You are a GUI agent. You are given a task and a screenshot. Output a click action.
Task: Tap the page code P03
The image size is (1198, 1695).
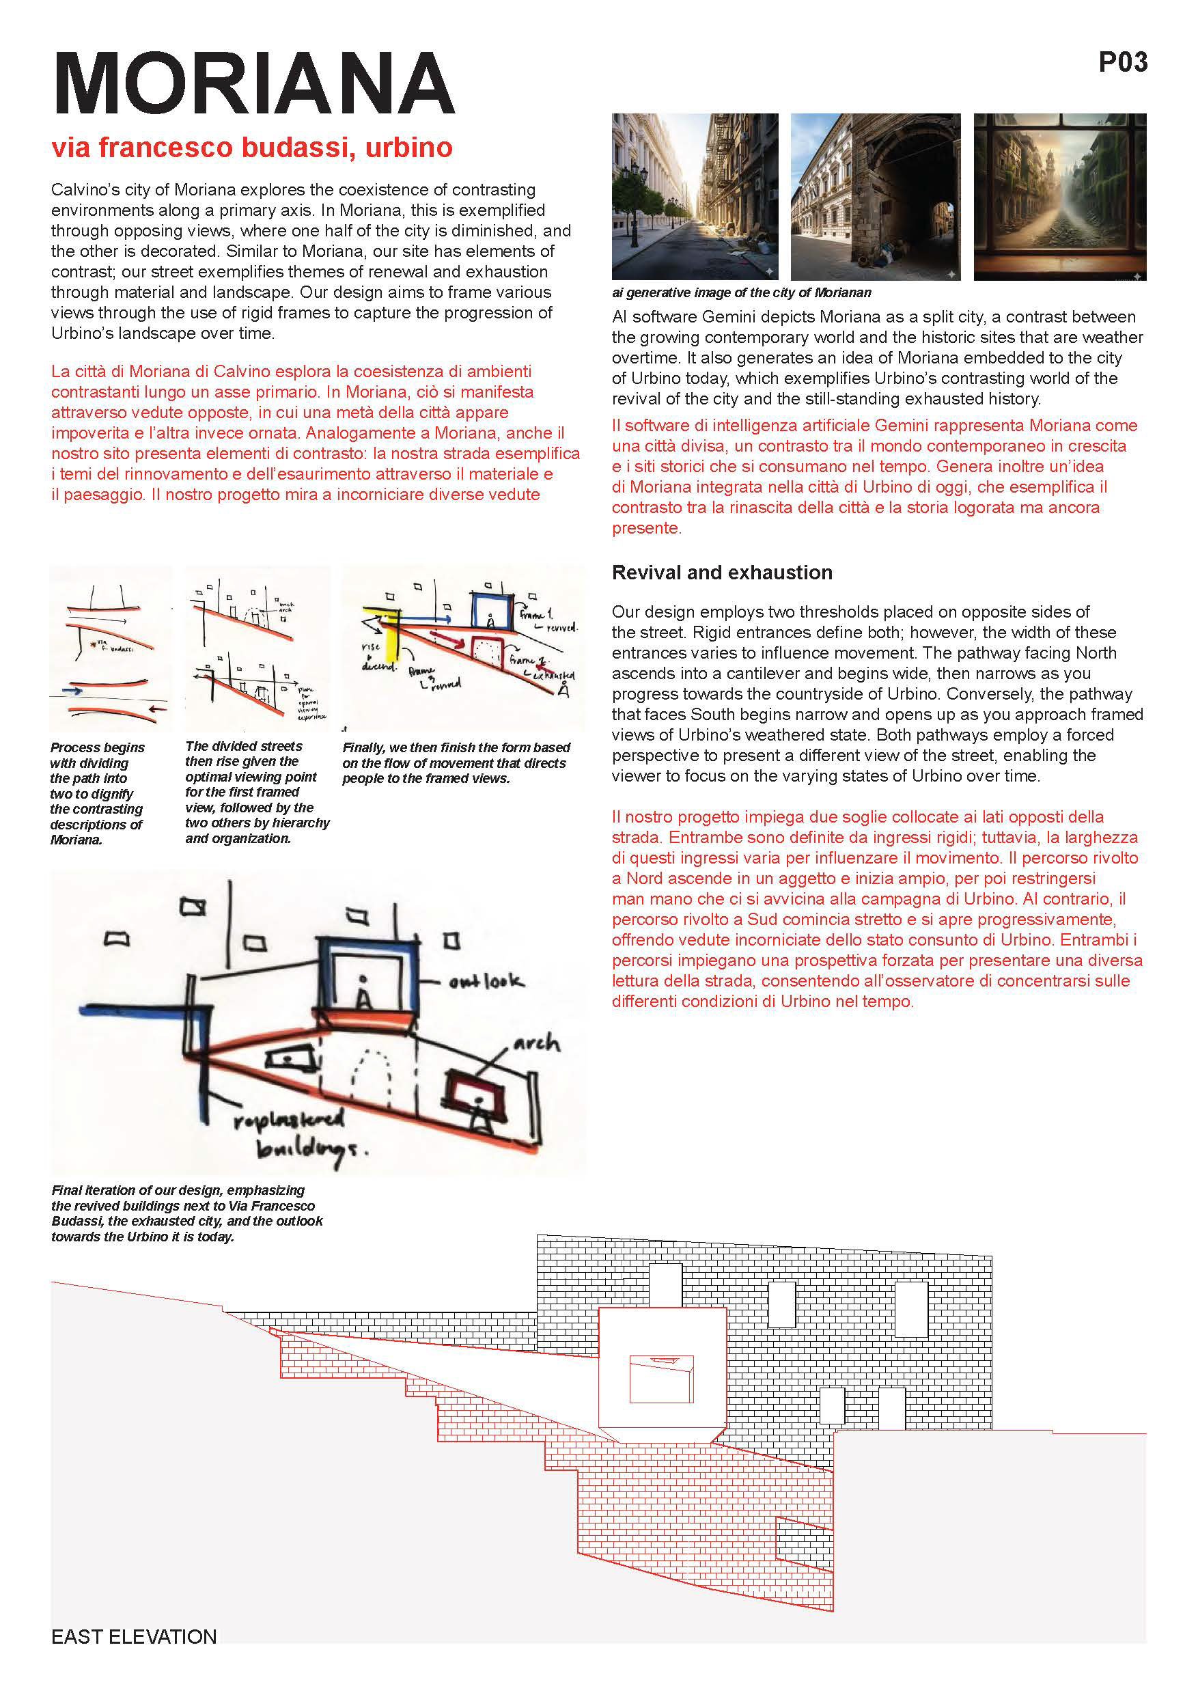click(1122, 62)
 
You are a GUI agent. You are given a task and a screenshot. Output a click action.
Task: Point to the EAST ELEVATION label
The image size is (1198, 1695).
click(134, 1637)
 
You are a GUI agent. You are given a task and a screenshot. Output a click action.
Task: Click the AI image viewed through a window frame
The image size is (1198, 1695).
click(1059, 196)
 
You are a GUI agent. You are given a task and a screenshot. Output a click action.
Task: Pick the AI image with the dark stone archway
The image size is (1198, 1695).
click(876, 196)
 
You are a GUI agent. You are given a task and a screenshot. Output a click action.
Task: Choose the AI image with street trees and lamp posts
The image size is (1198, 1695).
click(695, 196)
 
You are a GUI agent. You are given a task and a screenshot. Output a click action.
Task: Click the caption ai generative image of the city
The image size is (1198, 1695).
click(740, 292)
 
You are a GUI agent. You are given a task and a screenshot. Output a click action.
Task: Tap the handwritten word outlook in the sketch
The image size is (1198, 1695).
click(486, 981)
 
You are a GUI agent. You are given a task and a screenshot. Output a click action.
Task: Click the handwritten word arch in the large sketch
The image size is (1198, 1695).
click(536, 1044)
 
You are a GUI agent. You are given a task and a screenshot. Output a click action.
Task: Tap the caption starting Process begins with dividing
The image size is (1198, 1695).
click(97, 793)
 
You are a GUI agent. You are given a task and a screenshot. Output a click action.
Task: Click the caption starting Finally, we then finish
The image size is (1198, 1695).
click(456, 762)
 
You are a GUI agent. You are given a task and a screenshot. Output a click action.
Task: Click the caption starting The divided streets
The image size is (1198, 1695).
click(256, 791)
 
